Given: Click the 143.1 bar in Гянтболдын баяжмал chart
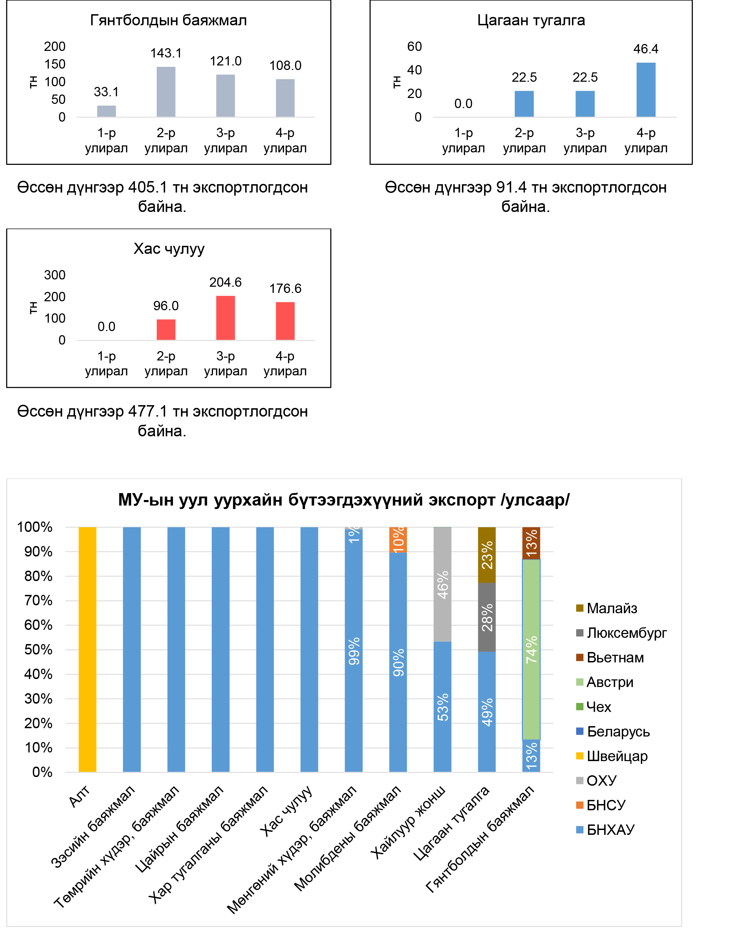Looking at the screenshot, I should pyautogui.click(x=166, y=92).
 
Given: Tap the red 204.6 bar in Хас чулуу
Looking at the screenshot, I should pyautogui.click(x=226, y=318).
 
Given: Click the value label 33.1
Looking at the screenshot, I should pyautogui.click(x=106, y=92).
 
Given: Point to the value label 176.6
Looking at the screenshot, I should pyautogui.click(x=285, y=288).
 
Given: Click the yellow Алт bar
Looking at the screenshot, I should pyautogui.click(x=87, y=649).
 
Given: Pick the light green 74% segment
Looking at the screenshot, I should pyautogui.click(x=531, y=649).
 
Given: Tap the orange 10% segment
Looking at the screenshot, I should pyautogui.click(x=398, y=539).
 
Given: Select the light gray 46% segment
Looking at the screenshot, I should pyautogui.click(x=442, y=584).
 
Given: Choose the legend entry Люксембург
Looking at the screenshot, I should pyautogui.click(x=626, y=633).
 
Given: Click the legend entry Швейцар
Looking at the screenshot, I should pyautogui.click(x=617, y=756).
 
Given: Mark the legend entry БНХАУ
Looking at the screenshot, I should pyautogui.click(x=610, y=830).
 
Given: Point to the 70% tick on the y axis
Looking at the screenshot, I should pyautogui.click(x=38, y=601).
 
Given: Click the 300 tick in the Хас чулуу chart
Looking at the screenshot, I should pyautogui.click(x=55, y=275).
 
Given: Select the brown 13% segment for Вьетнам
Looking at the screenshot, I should pyautogui.click(x=531, y=543).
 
